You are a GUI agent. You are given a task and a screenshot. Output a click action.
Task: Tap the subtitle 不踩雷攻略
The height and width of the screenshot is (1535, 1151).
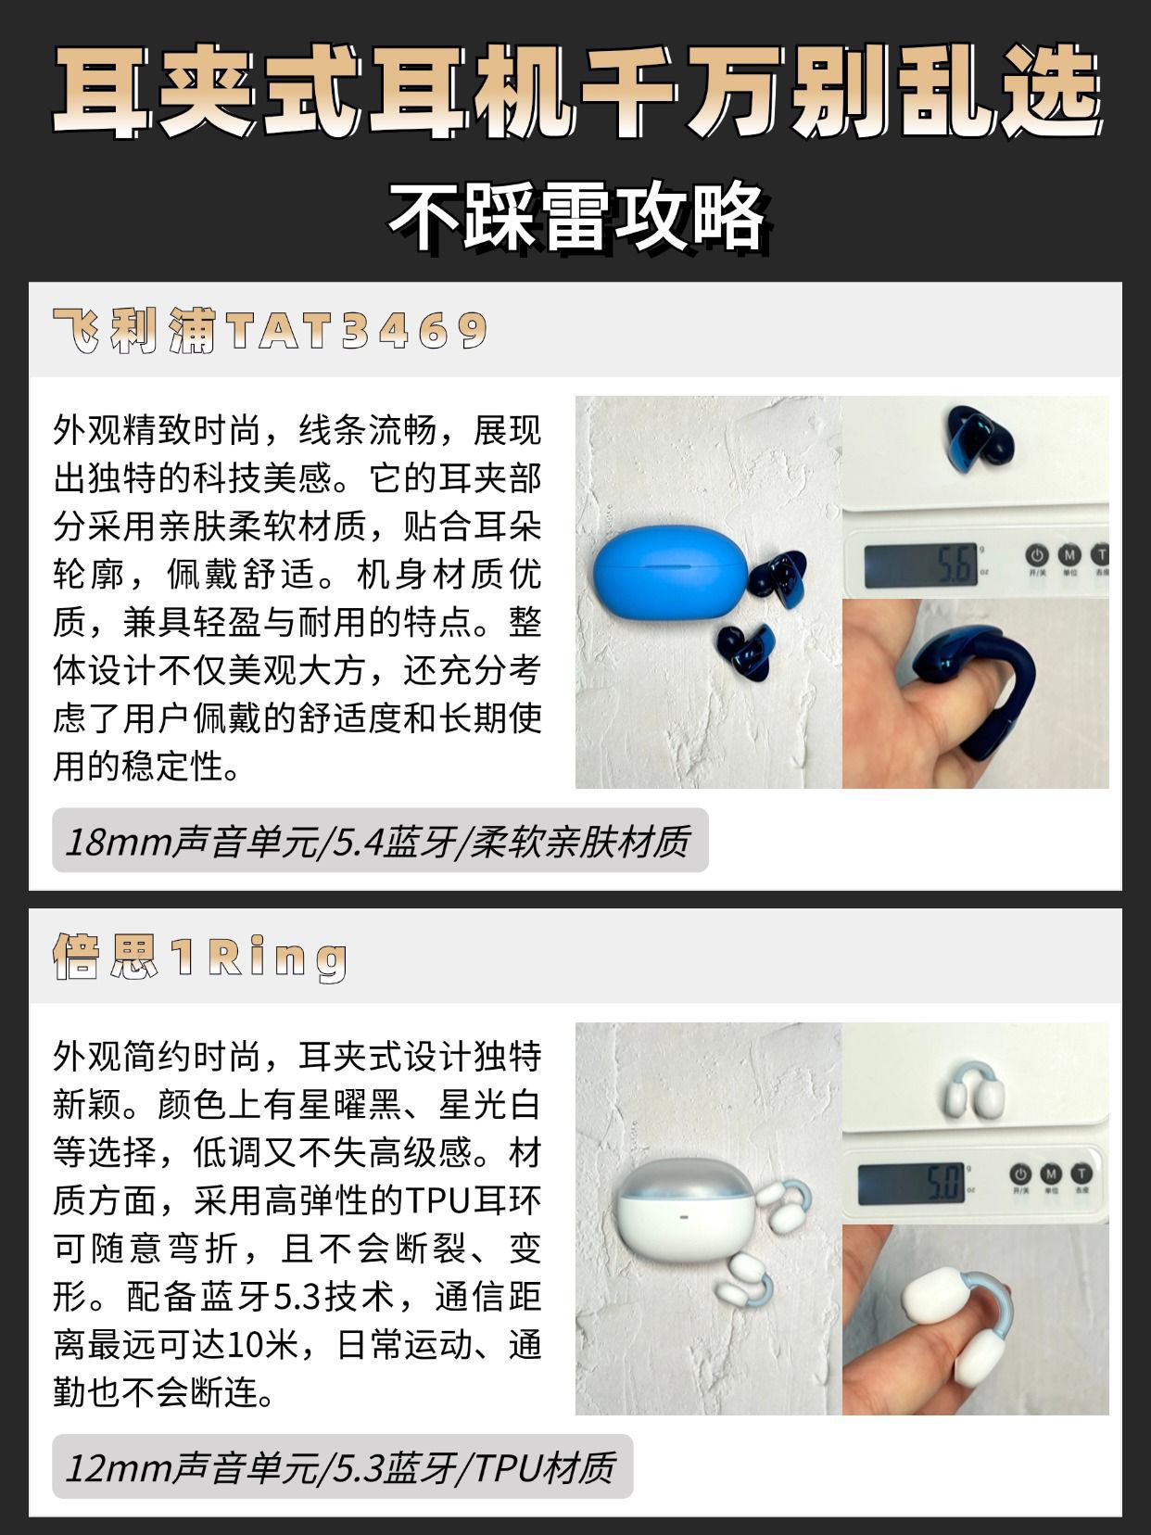click(576, 218)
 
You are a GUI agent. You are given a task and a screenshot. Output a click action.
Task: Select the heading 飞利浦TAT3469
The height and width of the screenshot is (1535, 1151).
click(270, 330)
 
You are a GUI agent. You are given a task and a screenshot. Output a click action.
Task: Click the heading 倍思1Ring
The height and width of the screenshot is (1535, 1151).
click(200, 957)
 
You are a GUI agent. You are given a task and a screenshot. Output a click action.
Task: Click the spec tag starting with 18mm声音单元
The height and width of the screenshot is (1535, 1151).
click(380, 842)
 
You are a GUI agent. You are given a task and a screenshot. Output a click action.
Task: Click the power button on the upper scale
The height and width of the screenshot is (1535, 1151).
click(1036, 556)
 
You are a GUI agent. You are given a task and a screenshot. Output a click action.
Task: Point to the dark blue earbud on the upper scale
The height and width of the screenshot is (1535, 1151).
click(979, 438)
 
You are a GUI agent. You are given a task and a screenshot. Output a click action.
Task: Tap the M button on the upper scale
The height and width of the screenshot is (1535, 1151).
click(1069, 556)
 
